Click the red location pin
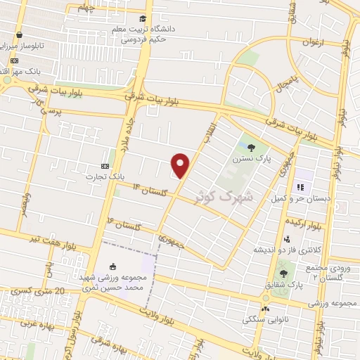tap(181, 165)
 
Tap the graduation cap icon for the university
tap(143, 19)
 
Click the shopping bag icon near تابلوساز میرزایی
tap(18, 34)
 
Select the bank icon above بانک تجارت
tap(105, 166)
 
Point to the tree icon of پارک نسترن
tap(251, 147)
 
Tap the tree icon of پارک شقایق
tap(283, 273)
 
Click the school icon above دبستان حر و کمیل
tap(300, 188)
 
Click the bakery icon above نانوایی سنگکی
tap(265, 309)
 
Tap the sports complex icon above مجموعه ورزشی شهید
tap(114, 258)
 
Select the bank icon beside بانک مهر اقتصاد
tap(14, 60)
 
